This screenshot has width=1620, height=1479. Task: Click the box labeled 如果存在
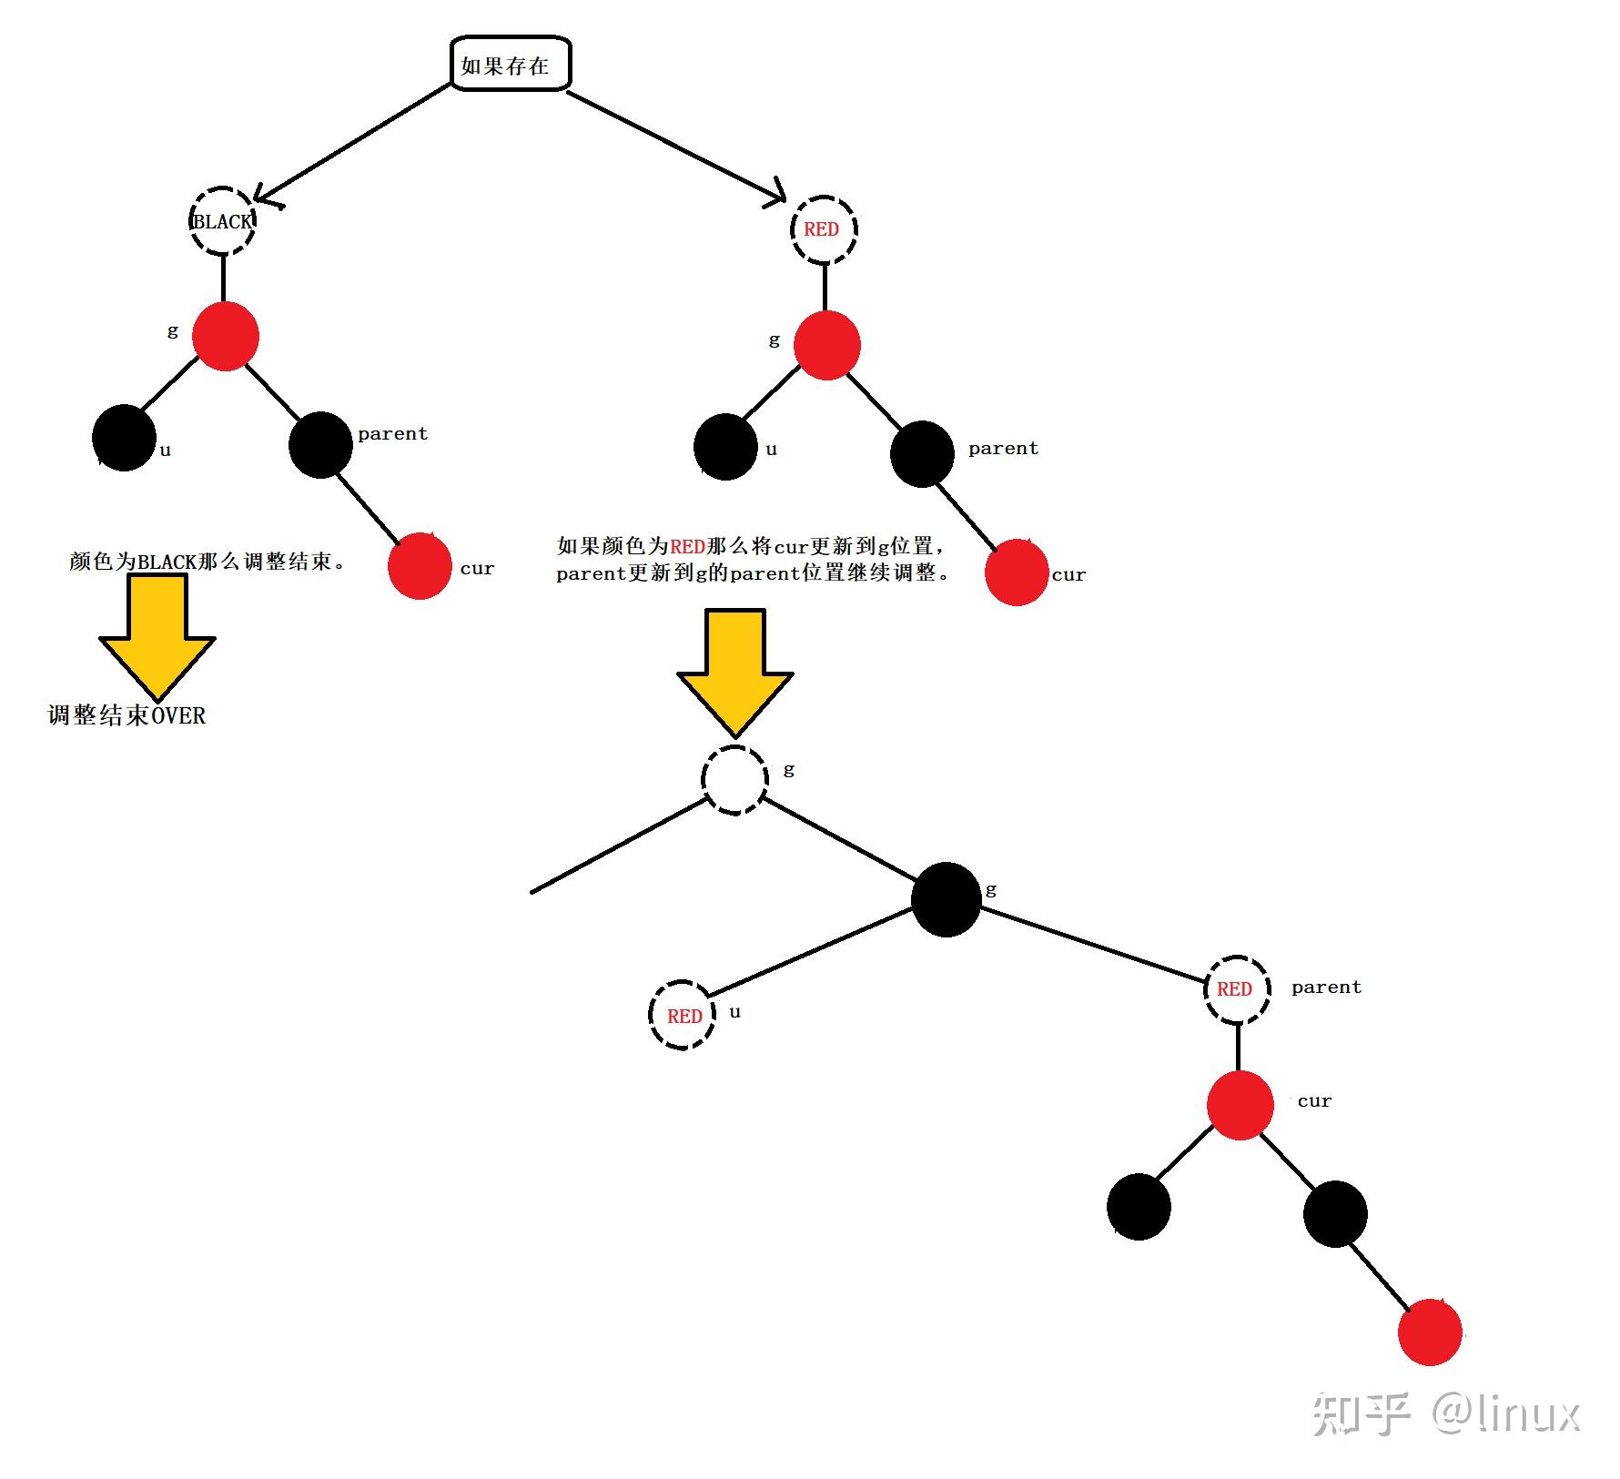coord(511,64)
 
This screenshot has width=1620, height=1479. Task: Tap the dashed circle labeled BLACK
coord(222,221)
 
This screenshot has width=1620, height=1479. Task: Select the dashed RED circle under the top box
coord(824,228)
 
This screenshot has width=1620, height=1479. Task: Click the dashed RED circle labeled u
coord(683,1015)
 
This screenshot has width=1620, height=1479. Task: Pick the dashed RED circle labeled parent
coord(1237,988)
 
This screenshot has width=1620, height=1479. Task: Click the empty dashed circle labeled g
coord(734,780)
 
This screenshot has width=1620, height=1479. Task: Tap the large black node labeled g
coord(946,899)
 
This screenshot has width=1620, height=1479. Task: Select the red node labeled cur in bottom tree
coord(1240,1105)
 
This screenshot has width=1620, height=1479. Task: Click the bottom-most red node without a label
coord(1430,1332)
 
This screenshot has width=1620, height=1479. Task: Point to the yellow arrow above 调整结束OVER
coord(157,633)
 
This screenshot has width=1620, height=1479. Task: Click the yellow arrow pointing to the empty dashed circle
coord(734,669)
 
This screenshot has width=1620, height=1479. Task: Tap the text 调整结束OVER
coord(127,715)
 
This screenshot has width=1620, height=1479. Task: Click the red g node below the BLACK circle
coord(226,336)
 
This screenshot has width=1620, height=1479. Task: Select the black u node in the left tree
coord(124,438)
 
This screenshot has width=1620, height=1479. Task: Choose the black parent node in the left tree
coord(320,444)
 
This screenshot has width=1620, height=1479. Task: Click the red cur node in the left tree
coord(420,566)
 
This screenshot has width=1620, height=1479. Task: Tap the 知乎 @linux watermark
coord(1445,1413)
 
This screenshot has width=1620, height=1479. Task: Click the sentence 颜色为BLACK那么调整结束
coord(208,561)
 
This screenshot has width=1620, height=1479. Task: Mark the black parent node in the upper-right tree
coord(922,453)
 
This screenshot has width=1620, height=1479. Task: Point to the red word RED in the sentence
coord(687,546)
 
